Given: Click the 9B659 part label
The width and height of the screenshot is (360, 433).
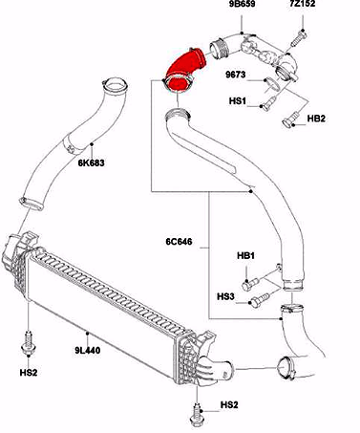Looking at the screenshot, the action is coord(242,4).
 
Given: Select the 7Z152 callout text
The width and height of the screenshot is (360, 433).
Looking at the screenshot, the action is coord(302,4).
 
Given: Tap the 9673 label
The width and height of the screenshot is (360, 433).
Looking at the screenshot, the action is coord(236,75).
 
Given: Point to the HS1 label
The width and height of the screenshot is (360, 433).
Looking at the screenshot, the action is coord(238,101).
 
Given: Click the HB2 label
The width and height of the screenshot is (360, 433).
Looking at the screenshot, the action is coord(316,119).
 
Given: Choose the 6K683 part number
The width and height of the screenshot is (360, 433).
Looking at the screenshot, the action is coord(92,162).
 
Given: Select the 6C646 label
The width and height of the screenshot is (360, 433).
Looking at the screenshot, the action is coord(179,242).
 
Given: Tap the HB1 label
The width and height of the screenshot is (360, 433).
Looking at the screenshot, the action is coord(245,255).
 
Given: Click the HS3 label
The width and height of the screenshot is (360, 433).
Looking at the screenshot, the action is coord(225,296).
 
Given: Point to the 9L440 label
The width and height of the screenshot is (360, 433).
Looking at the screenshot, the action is coord(88,351).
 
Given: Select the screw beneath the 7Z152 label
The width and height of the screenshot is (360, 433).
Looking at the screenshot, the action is coord(299,38).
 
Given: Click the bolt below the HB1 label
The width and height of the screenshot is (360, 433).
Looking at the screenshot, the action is coord(251,284).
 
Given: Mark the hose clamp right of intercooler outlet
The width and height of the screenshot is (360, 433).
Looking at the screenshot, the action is coord(286,368).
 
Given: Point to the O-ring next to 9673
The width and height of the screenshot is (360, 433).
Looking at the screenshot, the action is coord(272,83).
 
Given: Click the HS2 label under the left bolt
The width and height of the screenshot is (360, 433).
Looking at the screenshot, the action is coord(29,373).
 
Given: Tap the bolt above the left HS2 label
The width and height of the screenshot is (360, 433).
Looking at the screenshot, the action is coord(29,342).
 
